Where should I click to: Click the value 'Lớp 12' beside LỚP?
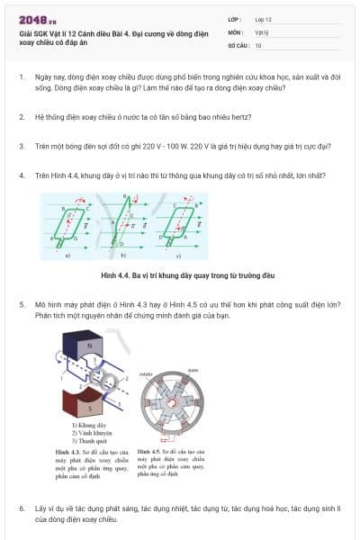tap(263, 18)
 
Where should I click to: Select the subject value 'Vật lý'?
tap(262, 31)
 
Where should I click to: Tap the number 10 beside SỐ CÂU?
tap(258, 44)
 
